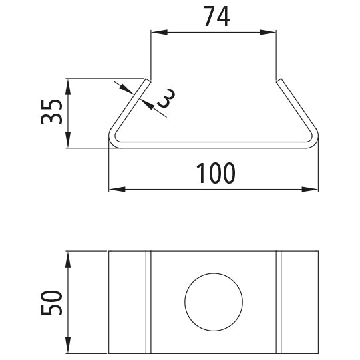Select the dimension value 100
tap(216, 173)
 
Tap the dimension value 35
tap(51, 112)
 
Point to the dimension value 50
tap(51, 302)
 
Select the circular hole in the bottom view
tap(212, 301)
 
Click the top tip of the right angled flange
tap(278, 81)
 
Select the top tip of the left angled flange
tap(148, 81)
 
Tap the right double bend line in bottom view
tap(279, 302)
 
